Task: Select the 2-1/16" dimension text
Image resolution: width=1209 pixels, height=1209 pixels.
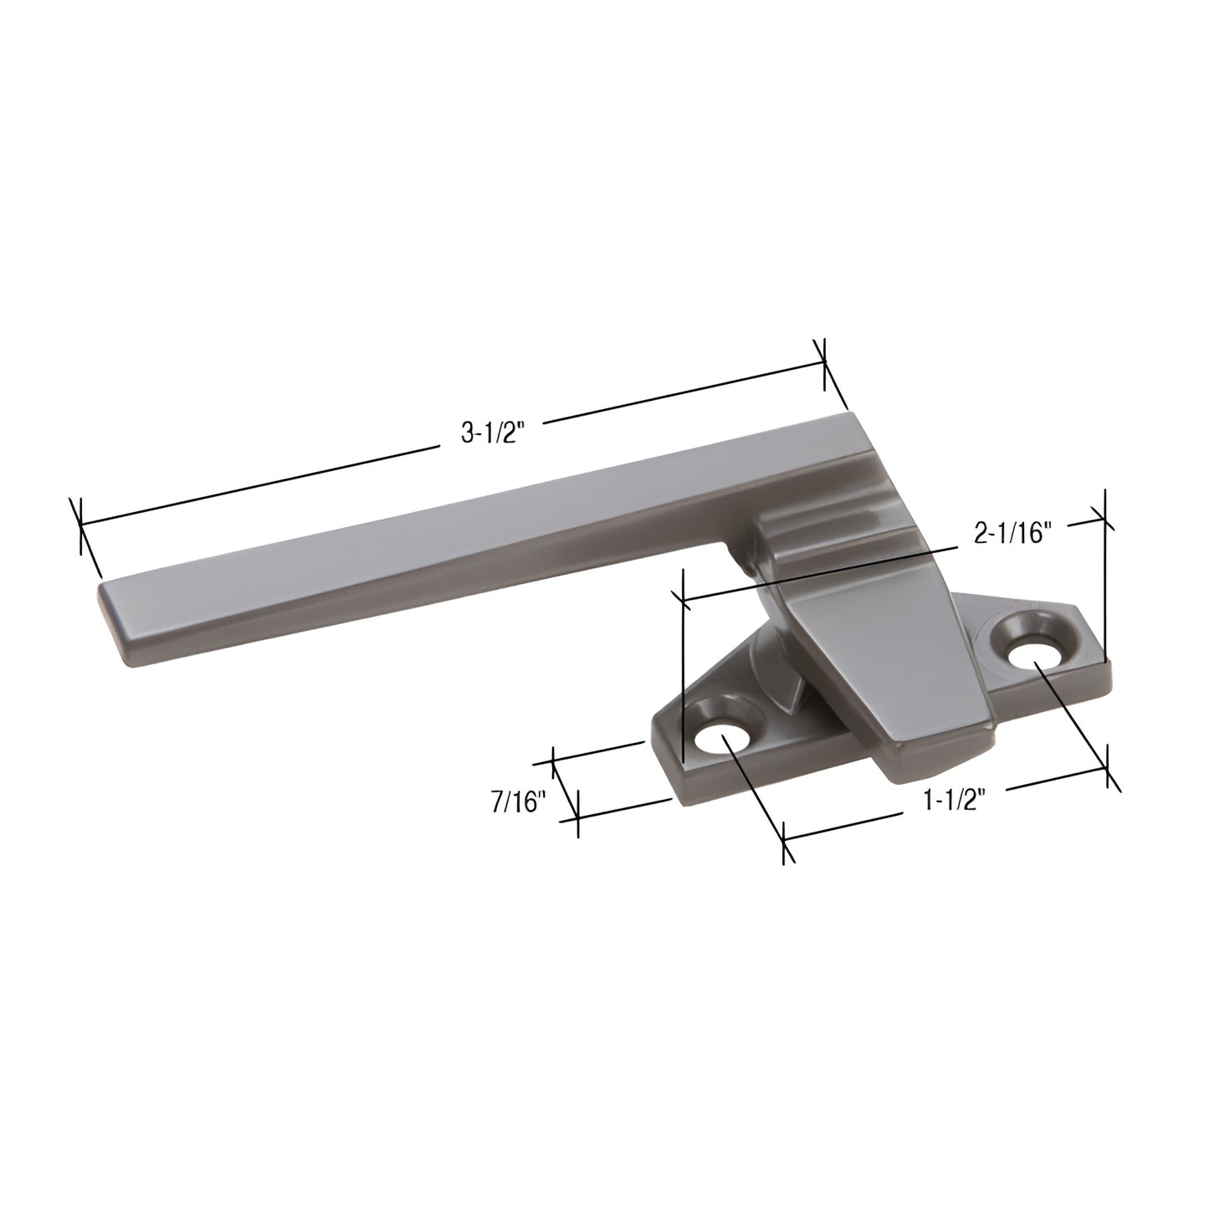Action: [x=1011, y=533]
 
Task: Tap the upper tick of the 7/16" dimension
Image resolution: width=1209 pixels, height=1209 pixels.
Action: [x=554, y=761]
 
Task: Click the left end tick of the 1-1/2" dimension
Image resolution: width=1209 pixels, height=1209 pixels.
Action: [x=785, y=839]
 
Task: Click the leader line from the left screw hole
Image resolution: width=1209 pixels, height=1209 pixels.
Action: [x=753, y=786]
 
